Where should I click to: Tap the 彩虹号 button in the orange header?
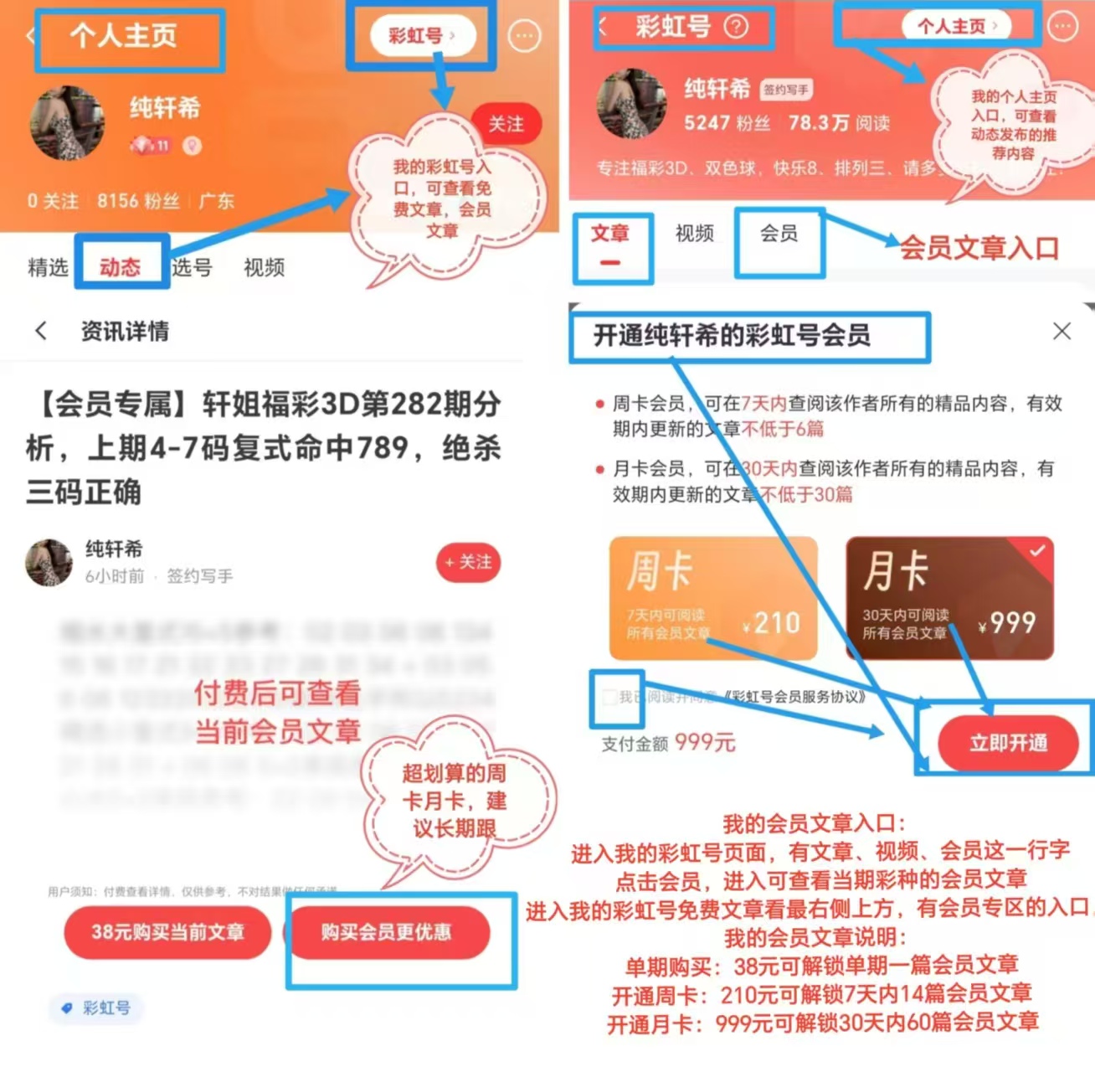pyautogui.click(x=422, y=36)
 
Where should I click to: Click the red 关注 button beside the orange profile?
pyautogui.click(x=506, y=124)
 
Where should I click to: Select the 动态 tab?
pyautogui.click(x=121, y=266)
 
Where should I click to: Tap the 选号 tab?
pyautogui.click(x=192, y=267)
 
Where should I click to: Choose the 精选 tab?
pyautogui.click(x=48, y=267)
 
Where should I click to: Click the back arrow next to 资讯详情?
pyautogui.click(x=41, y=331)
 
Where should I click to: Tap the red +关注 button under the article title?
pyautogui.click(x=468, y=562)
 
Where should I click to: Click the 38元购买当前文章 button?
pyautogui.click(x=167, y=931)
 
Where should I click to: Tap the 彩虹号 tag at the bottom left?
pyautogui.click(x=96, y=1008)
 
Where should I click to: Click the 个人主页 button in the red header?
pyautogui.click(x=956, y=26)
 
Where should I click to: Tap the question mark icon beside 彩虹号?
pyautogui.click(x=736, y=27)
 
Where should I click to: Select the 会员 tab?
pyautogui.click(x=779, y=234)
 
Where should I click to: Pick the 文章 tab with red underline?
pyautogui.click(x=609, y=234)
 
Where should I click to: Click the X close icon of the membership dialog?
pyautogui.click(x=1062, y=331)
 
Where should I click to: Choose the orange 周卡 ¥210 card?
pyautogui.click(x=712, y=598)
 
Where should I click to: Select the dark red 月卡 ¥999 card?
pyautogui.click(x=948, y=598)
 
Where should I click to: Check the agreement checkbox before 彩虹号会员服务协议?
pyautogui.click(x=609, y=697)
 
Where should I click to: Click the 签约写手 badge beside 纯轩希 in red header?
pyautogui.click(x=785, y=90)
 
